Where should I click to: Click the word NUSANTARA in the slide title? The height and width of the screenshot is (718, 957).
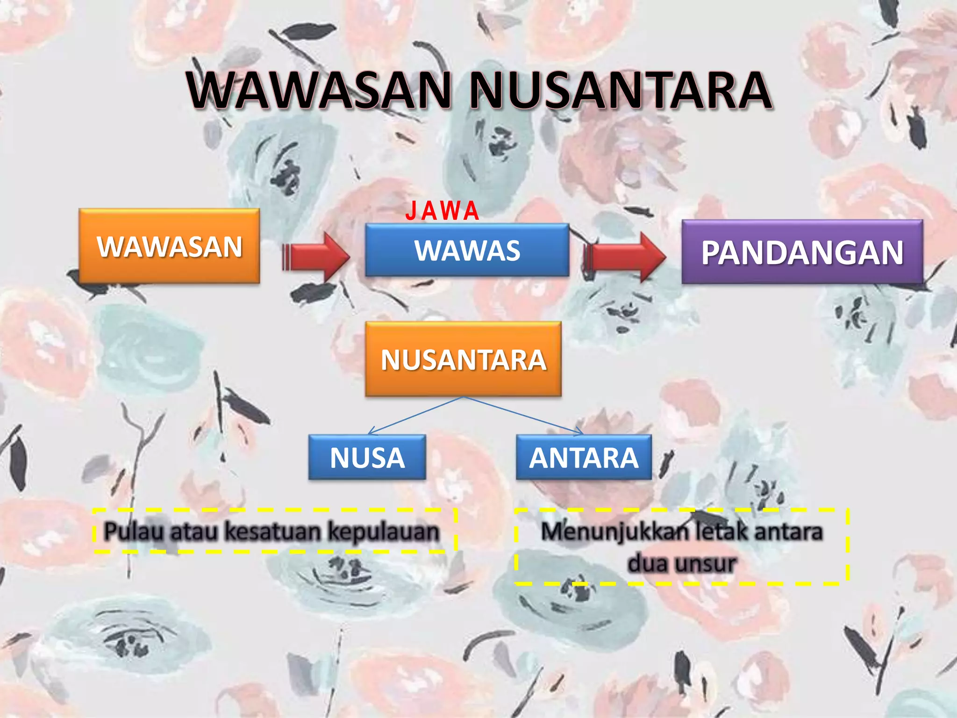(x=620, y=90)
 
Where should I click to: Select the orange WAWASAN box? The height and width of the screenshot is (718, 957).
(x=169, y=246)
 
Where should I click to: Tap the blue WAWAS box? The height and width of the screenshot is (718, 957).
(x=467, y=250)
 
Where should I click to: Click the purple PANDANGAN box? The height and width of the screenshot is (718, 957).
(x=802, y=252)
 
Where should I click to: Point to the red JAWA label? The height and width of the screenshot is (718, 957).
(x=442, y=211)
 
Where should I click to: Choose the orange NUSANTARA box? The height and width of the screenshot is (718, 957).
(x=463, y=359)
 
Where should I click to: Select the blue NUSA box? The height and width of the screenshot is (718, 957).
(x=367, y=458)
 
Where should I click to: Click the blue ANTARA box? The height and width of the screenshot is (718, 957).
(x=584, y=458)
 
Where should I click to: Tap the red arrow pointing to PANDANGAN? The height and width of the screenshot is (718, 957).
(x=624, y=257)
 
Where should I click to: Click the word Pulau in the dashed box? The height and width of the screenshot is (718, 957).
(x=134, y=531)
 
